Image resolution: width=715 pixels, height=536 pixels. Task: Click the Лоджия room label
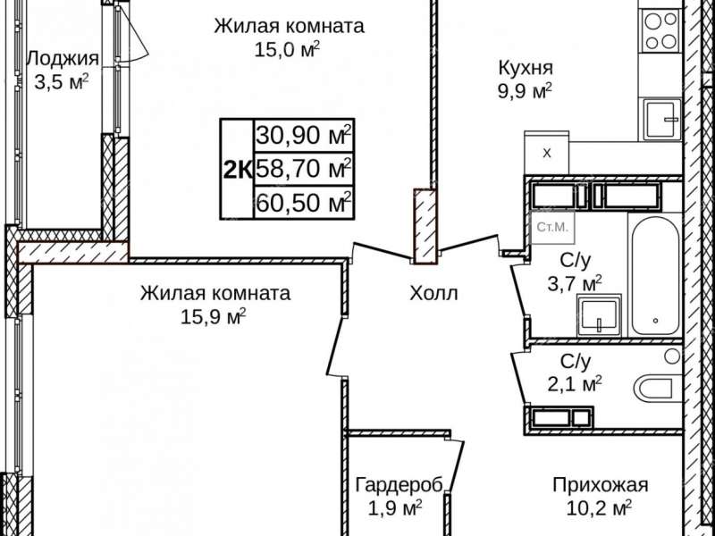point(62,58)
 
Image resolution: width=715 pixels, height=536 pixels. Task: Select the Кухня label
point(526,67)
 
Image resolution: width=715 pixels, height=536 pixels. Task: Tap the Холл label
point(433,293)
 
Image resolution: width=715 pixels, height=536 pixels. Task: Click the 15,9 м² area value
point(213,315)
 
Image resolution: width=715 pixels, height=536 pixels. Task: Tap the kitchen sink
point(662,117)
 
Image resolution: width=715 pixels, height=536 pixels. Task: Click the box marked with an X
point(548,153)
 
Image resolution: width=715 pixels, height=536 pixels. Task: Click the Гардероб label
point(399,485)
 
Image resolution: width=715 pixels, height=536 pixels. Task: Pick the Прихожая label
point(599,485)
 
